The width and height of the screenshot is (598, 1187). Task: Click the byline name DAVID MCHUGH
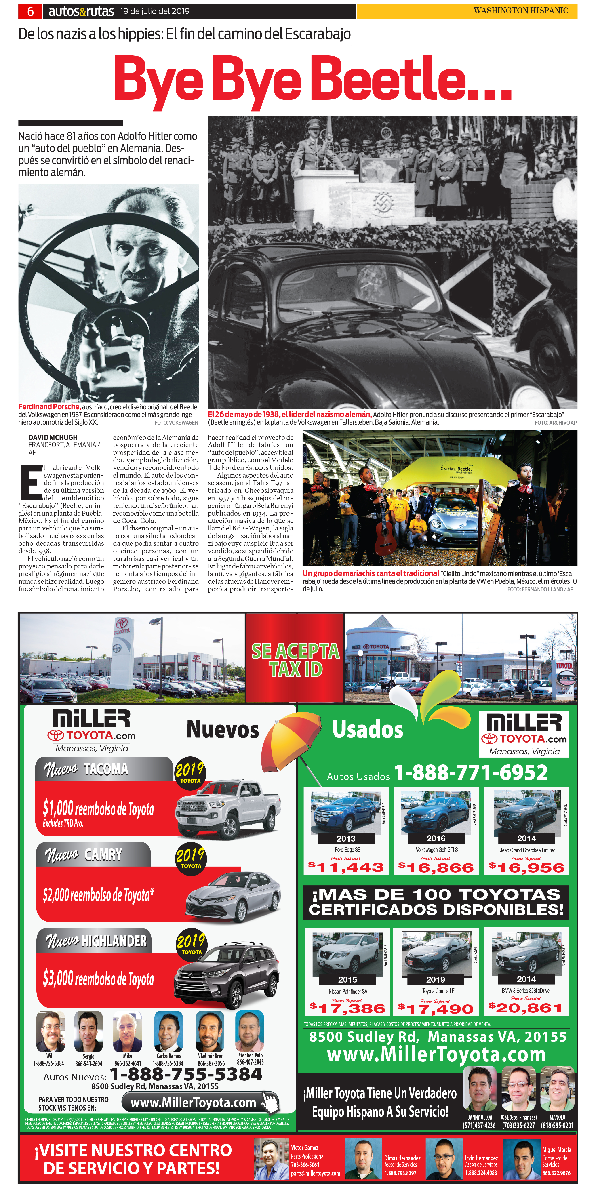53,437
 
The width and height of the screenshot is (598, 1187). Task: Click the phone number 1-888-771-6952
471,773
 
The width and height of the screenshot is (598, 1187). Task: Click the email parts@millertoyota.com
315,1173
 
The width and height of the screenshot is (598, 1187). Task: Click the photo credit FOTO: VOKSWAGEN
176,423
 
